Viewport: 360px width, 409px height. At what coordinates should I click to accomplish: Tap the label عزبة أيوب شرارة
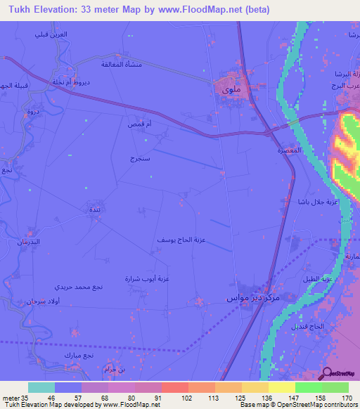tap(146, 279)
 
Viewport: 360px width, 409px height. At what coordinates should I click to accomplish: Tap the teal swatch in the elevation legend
tap(41, 387)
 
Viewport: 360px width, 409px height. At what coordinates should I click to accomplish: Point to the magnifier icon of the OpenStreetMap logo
tap(327, 374)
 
